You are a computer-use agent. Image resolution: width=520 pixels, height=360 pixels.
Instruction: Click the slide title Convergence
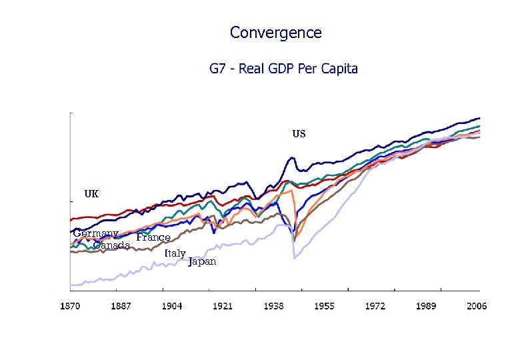[x=275, y=33]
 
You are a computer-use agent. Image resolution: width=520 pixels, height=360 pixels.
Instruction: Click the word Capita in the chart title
[x=337, y=69]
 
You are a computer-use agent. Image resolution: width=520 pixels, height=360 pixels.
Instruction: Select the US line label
[x=299, y=134]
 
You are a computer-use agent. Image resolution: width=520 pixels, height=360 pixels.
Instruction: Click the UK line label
[x=91, y=194]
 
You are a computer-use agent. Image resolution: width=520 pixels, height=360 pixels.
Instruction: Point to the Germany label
[x=95, y=233]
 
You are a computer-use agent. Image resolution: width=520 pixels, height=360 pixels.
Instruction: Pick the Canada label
[x=111, y=245]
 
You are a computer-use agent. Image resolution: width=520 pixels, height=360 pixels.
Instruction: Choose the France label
[x=153, y=237]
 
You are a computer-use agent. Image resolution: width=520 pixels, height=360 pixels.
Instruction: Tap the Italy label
[x=175, y=253]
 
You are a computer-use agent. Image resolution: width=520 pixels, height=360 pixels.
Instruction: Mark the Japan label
[x=203, y=261]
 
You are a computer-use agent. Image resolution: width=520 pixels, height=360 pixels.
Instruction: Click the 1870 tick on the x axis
[x=70, y=306]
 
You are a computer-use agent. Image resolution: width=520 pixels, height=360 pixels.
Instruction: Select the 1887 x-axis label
[x=121, y=306]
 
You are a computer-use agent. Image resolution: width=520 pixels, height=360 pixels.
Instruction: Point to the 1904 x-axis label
[x=172, y=306]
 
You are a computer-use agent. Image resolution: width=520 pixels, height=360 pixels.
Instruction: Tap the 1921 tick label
[x=223, y=306]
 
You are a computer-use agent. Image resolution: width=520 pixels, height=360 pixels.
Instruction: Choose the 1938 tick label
[x=273, y=306]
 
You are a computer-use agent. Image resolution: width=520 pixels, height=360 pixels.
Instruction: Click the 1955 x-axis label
[x=324, y=306]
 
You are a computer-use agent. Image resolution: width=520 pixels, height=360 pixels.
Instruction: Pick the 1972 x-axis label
[x=375, y=306]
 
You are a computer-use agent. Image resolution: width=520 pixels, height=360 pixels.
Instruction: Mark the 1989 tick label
[x=426, y=306]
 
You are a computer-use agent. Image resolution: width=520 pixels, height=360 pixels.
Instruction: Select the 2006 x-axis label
[x=476, y=306]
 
